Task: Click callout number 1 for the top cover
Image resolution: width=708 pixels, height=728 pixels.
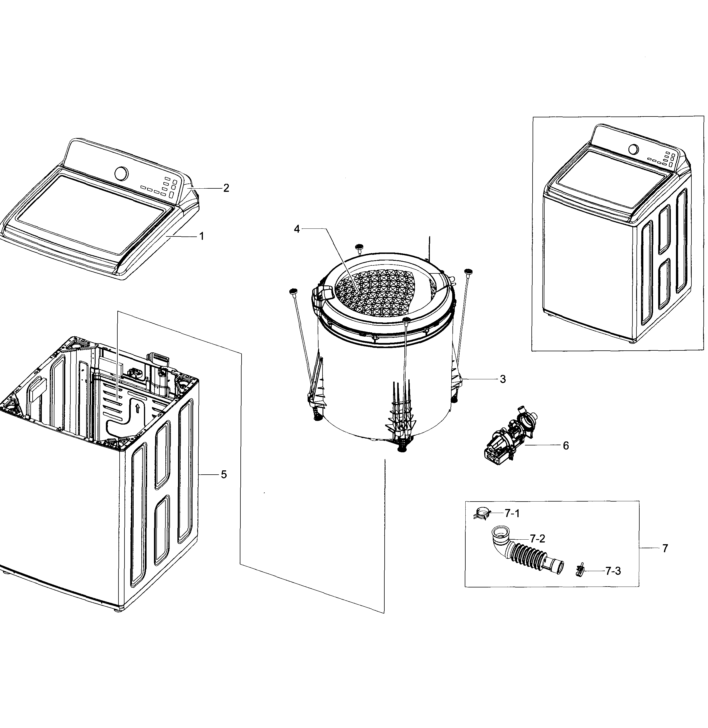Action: click(201, 236)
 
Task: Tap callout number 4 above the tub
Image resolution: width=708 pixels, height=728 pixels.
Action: click(296, 229)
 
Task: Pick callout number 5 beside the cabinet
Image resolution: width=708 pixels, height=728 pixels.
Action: click(224, 474)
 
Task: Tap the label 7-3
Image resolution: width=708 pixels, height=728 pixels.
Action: click(613, 571)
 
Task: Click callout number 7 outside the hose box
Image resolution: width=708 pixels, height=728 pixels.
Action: click(665, 548)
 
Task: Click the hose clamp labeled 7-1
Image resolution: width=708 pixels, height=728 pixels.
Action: click(482, 514)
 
